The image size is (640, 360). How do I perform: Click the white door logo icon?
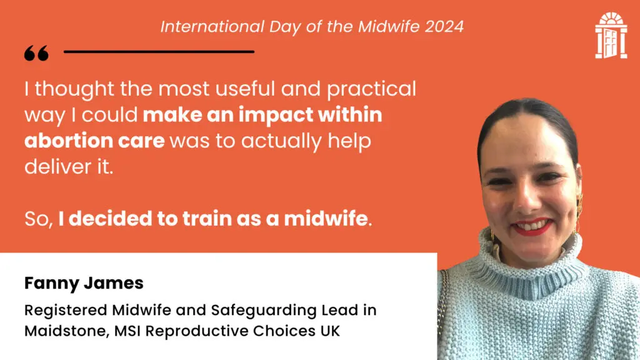(611, 36)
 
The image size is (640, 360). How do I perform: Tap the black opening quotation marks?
(36, 53)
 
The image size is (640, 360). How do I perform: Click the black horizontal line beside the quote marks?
(159, 52)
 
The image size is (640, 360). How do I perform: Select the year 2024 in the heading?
(444, 27)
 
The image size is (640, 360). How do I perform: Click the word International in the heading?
(212, 27)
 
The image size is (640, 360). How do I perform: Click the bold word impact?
(276, 116)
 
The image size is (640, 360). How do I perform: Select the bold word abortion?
(69, 141)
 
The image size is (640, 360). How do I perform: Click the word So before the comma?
(37, 219)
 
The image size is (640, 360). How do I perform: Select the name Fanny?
(52, 284)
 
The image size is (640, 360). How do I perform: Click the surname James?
(114, 283)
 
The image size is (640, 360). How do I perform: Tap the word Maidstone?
(66, 331)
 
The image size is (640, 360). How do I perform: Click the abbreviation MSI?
(127, 331)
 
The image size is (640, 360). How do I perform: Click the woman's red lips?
(532, 226)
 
